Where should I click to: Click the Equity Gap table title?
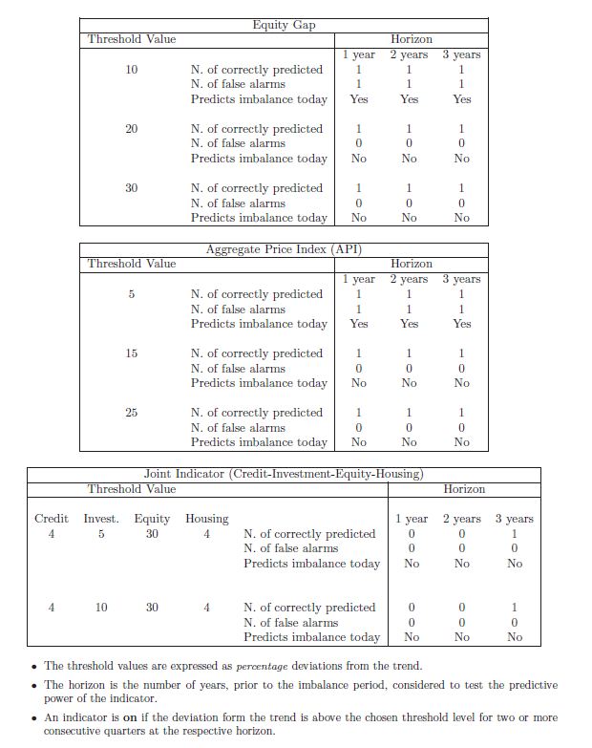tap(284, 25)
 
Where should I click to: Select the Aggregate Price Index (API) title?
tap(284, 249)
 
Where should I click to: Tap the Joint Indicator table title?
tap(284, 474)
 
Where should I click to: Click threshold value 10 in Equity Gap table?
tap(132, 70)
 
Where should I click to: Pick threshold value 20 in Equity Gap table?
tap(132, 129)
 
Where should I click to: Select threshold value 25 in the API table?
tap(132, 413)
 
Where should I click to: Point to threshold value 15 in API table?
tap(132, 353)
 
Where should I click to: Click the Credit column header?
tap(52, 519)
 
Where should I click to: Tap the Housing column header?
tap(206, 519)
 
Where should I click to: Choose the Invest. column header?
tap(101, 519)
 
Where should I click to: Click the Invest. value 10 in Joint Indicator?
tap(101, 608)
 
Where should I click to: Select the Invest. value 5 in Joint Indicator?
tap(101, 534)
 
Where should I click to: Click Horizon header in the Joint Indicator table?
tap(464, 489)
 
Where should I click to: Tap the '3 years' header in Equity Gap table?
tap(462, 54)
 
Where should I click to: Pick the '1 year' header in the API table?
tap(359, 279)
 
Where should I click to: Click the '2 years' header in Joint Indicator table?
tap(462, 519)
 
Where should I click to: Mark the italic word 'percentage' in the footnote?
tap(264, 666)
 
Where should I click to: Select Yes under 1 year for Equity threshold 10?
tap(359, 99)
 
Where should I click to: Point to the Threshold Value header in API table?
tap(132, 264)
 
